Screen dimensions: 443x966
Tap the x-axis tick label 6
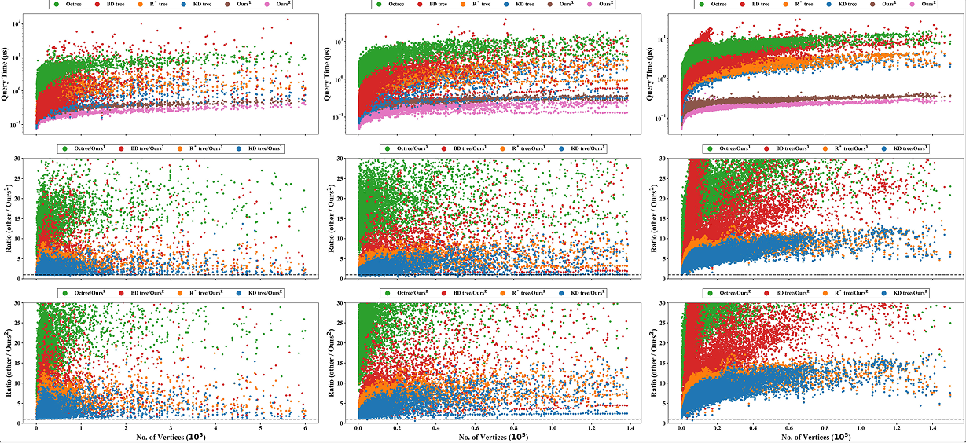pyautogui.click(x=305, y=429)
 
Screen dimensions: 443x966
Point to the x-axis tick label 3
pyautogui.click(x=171, y=429)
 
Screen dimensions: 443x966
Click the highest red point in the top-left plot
pyautogui.click(x=288, y=19)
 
